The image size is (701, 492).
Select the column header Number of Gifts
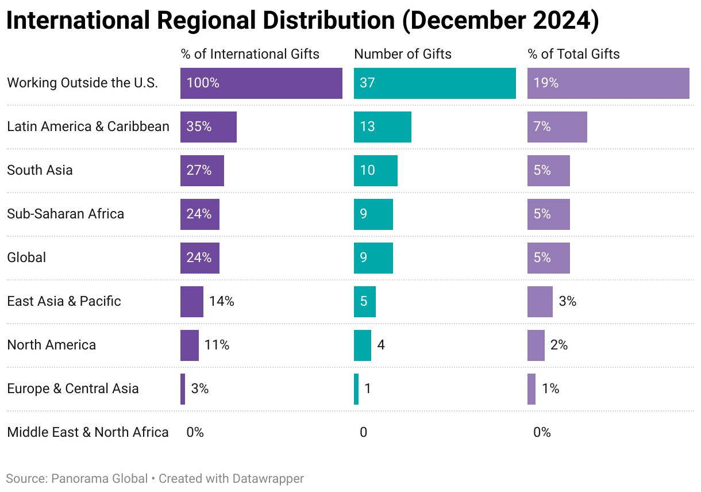[402, 54]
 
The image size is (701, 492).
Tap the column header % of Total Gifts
[573, 54]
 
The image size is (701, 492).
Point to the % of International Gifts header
[250, 54]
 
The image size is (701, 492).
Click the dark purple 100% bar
[261, 83]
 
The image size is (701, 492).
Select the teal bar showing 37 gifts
[434, 83]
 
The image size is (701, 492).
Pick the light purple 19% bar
[608, 83]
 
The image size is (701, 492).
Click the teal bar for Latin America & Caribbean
[382, 127]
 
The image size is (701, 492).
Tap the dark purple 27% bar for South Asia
[202, 171]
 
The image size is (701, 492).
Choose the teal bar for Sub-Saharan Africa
[373, 214]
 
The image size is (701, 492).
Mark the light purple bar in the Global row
[548, 258]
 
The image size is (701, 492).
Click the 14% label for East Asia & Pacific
[221, 301]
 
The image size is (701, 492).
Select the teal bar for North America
[362, 345]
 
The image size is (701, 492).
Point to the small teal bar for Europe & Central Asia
[356, 389]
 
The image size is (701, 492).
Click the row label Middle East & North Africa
[88, 432]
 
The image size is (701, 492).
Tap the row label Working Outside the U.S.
[82, 83]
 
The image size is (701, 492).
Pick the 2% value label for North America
[559, 345]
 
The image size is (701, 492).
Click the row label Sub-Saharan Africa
[66, 214]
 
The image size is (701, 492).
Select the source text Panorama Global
[99, 478]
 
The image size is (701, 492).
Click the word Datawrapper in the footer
[268, 478]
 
